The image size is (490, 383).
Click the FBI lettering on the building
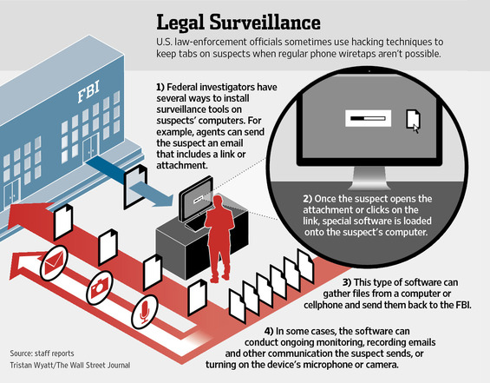(88, 91)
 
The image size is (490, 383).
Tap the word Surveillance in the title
(265, 23)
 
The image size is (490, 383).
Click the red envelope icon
(54, 263)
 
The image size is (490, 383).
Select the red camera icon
(100, 287)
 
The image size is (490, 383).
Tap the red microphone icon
(144, 312)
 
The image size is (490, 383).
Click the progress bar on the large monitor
(368, 119)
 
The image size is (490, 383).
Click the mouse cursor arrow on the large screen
(416, 129)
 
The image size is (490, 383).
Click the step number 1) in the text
(160, 87)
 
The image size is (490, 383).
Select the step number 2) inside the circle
(308, 199)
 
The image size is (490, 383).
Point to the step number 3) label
(347, 282)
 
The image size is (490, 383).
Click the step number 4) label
(269, 331)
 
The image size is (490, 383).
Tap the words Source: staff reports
(42, 353)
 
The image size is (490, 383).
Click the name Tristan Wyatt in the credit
(28, 365)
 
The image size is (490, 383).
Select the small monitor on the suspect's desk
(196, 199)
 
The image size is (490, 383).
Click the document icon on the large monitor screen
(413, 119)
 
